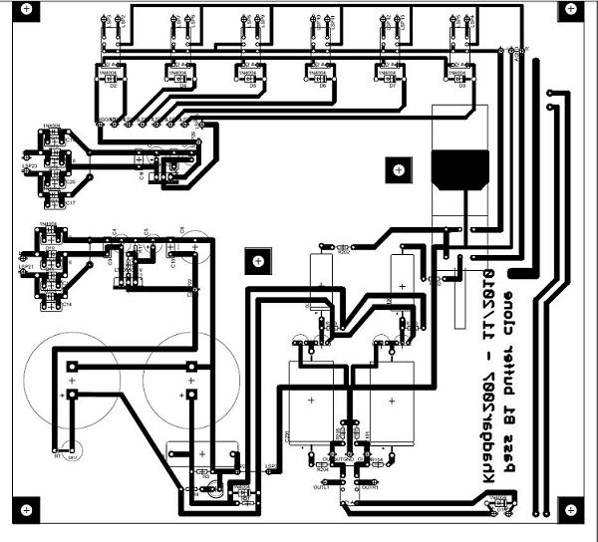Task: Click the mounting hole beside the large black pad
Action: tap(399, 170)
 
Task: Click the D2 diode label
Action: tap(114, 87)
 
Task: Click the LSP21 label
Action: tap(26, 267)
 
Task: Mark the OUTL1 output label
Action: tap(322, 487)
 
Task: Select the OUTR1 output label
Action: tap(369, 487)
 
